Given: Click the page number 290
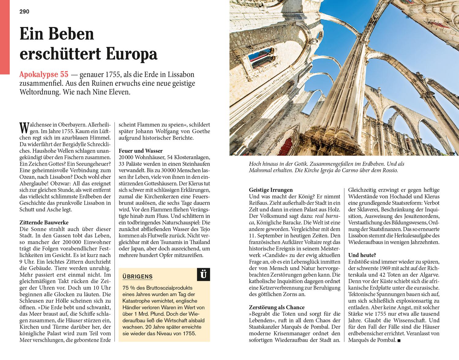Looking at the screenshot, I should [24, 12].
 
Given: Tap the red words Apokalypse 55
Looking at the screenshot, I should [44, 75].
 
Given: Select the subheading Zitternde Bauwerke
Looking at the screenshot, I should [44, 223].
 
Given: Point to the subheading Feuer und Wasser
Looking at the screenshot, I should [140, 151].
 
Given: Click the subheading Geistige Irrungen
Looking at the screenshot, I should [271, 190].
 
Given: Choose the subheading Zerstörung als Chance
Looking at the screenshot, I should [277, 307].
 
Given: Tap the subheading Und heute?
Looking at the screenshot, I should [362, 255].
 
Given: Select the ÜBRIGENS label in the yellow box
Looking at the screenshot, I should [137, 277].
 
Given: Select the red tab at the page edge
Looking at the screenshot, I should [5, 37].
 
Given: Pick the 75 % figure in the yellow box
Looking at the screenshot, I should [128, 288].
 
